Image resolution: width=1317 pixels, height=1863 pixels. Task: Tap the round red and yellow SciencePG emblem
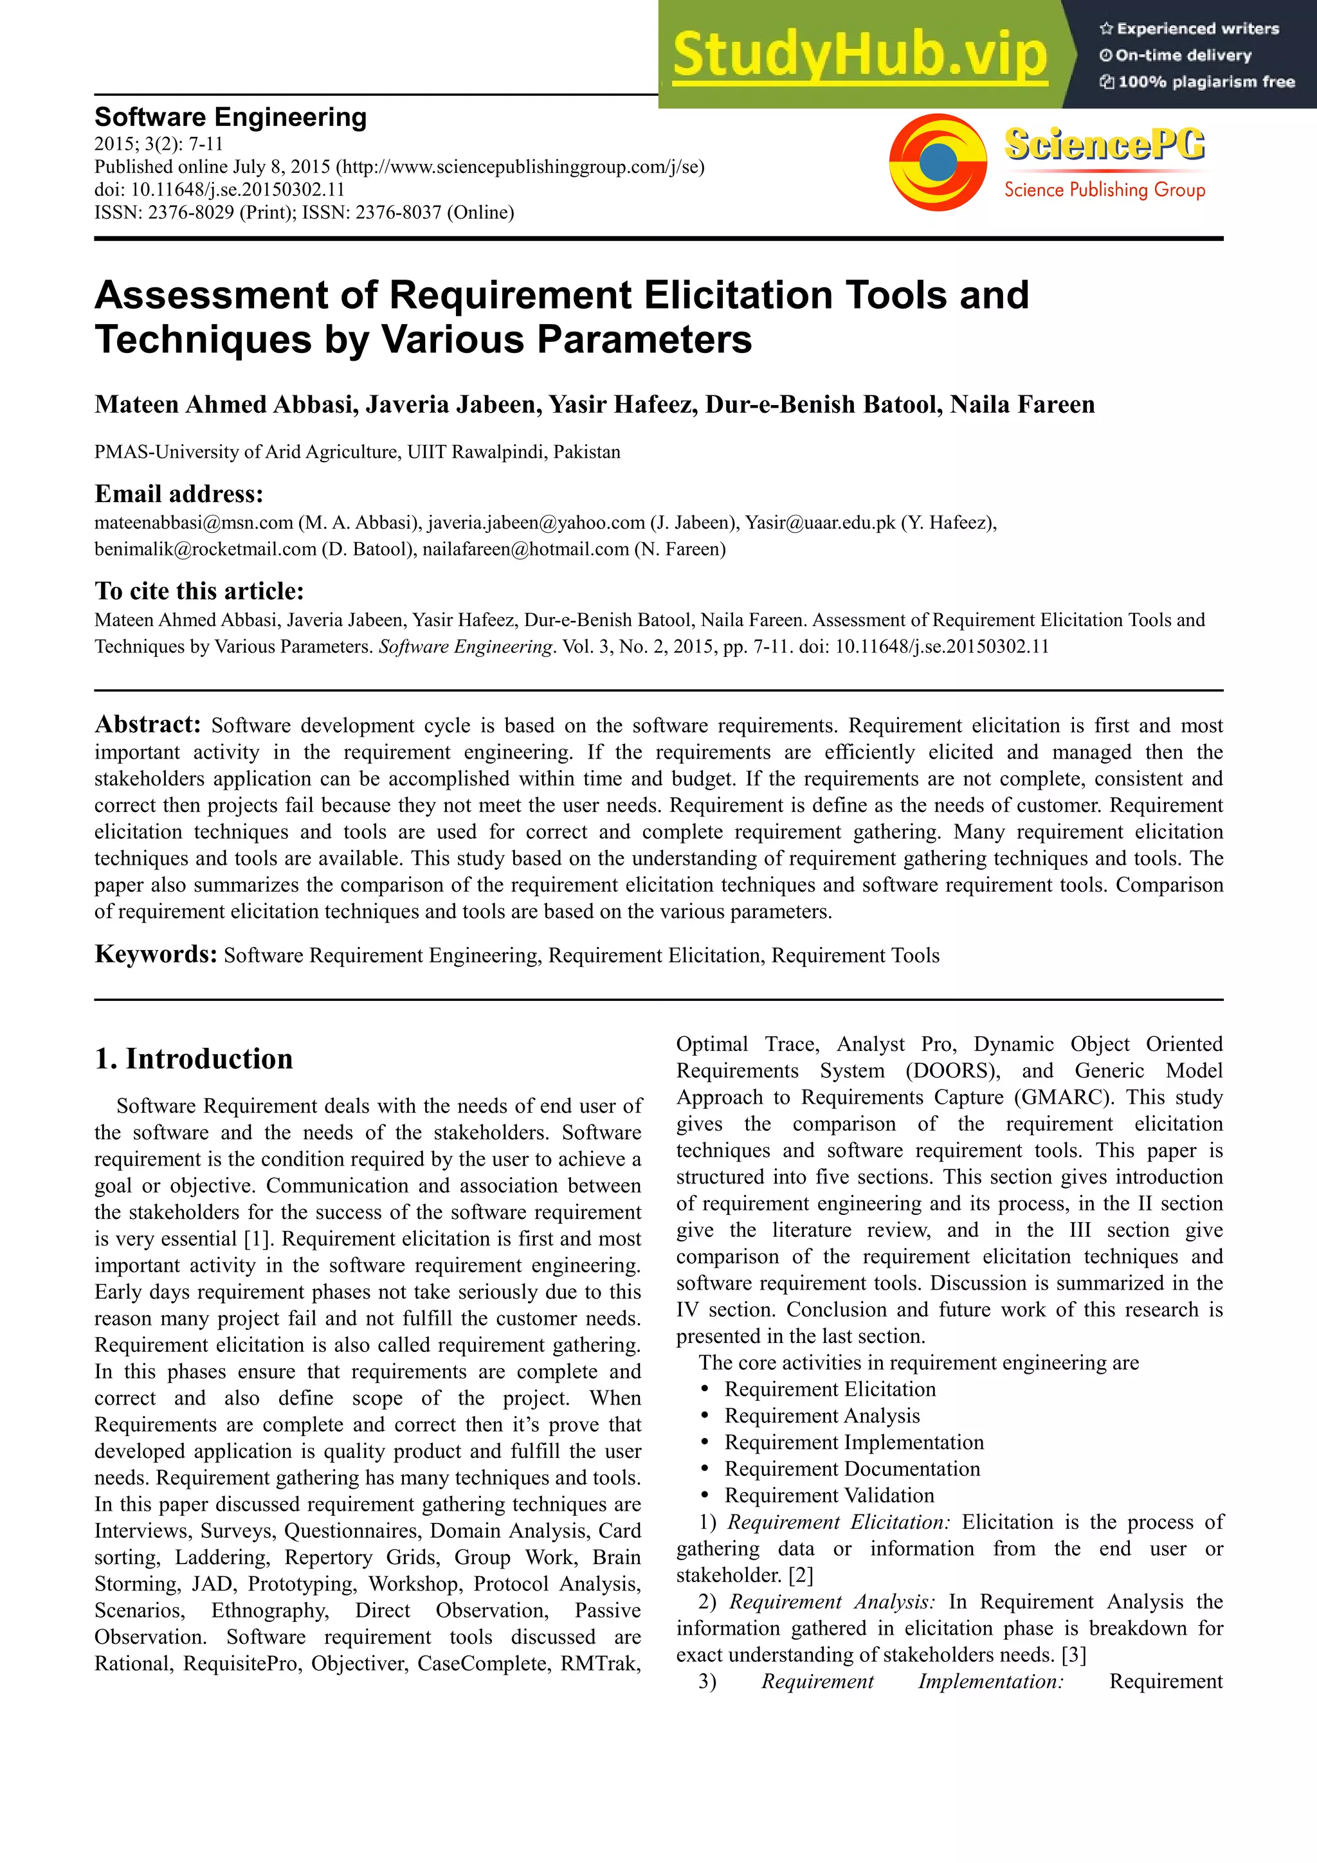click(938, 161)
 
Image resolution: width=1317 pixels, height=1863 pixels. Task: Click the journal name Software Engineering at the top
click(230, 117)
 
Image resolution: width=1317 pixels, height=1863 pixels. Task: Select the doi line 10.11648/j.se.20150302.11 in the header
click(219, 189)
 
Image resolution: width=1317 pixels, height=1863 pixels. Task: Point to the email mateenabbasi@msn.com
click(193, 523)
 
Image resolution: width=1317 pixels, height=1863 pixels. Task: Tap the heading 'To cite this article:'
click(199, 591)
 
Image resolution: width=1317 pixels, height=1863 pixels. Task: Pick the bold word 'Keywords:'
click(155, 953)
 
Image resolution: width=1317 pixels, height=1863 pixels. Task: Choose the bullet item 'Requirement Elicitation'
click(830, 1389)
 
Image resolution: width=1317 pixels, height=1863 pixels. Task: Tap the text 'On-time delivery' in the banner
click(1183, 55)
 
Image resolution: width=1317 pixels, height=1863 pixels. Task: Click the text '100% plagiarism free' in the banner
click(1205, 82)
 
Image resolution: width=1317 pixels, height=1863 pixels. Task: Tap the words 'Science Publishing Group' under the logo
click(1104, 190)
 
